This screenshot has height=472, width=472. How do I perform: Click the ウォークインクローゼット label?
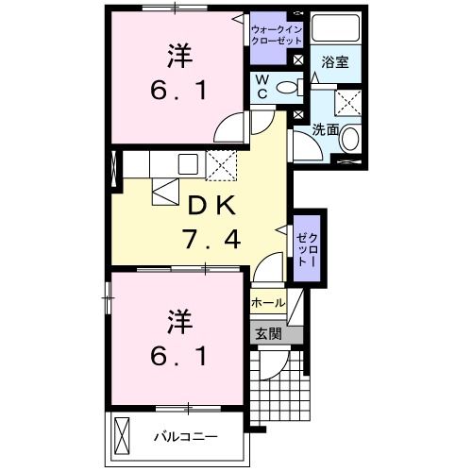point(277,35)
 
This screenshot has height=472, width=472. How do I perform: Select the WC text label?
point(261,88)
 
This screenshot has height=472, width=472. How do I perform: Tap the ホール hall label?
point(268,304)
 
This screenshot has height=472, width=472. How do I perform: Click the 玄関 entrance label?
point(267,332)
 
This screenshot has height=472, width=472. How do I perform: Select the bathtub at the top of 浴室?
point(336,28)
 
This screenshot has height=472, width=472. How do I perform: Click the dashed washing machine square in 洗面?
point(350,102)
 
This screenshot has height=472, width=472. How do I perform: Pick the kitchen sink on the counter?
point(185,161)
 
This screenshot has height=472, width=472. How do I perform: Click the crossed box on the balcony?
point(125,436)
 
